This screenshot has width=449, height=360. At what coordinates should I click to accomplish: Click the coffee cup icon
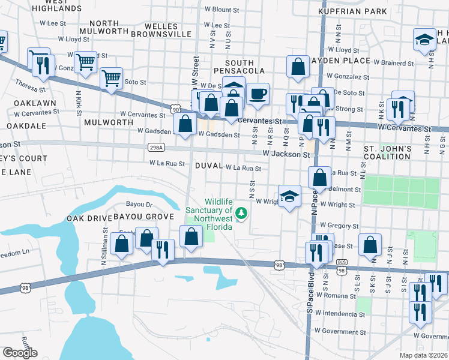pos(258,95)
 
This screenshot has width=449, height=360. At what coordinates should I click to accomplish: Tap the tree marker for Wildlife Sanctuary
pos(241,212)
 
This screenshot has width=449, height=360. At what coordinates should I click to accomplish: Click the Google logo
pos(20,353)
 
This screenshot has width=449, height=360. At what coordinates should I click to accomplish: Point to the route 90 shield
pos(175,109)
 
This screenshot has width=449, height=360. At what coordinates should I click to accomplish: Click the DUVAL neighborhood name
pos(208,166)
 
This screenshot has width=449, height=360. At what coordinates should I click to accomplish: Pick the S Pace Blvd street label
pos(310,309)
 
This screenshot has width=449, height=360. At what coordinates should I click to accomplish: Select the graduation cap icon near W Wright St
pos(290,196)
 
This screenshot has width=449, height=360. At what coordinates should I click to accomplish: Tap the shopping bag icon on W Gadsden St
pos(186,124)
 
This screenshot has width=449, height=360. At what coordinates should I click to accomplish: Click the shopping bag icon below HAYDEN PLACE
pos(298,67)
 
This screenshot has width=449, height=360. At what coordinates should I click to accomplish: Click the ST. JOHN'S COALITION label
pos(387,153)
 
